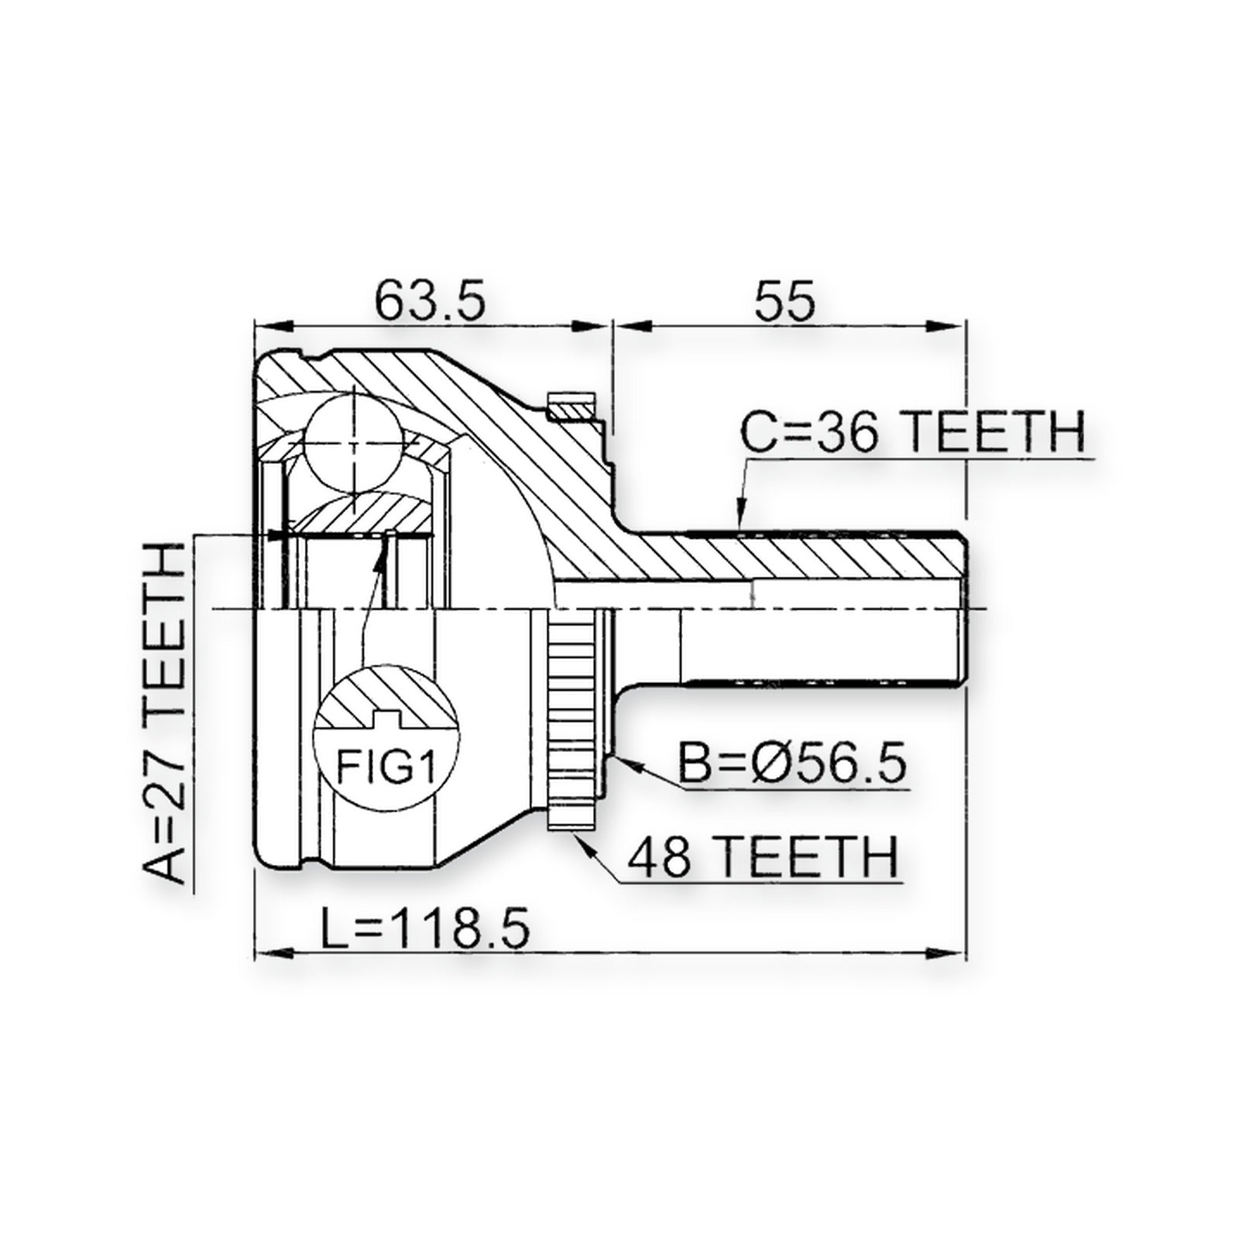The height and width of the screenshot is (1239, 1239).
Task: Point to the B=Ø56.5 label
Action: pyautogui.click(x=791, y=763)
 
